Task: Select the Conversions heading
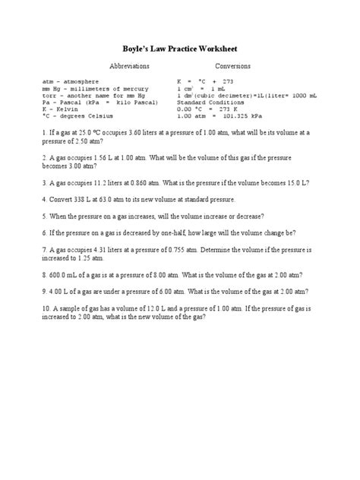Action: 233,66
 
